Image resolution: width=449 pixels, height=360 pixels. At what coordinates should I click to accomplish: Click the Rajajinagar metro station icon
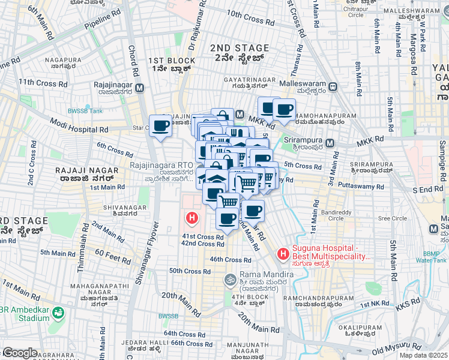click(140, 88)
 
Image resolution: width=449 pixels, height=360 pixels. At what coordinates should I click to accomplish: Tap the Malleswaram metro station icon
click(332, 87)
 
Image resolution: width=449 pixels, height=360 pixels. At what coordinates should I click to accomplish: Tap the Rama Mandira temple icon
click(229, 279)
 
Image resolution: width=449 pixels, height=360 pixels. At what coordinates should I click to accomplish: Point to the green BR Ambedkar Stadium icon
click(58, 313)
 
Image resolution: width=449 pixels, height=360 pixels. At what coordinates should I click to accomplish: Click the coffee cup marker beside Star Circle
click(160, 126)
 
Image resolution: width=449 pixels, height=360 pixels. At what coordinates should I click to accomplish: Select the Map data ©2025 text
click(423, 355)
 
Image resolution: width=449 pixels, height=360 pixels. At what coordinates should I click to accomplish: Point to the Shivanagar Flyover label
click(154, 246)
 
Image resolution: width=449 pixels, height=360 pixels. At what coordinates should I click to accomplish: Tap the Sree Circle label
click(392, 218)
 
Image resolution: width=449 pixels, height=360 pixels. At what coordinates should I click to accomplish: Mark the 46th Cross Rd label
click(231, 260)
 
